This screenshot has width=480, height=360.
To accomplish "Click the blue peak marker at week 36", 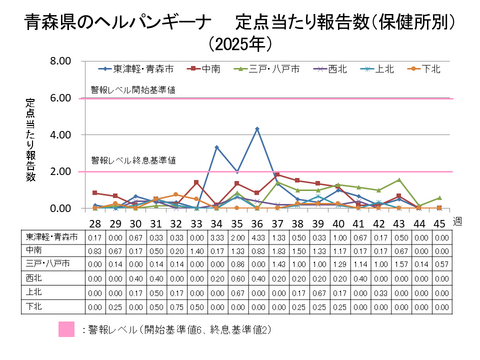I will (x=257, y=129).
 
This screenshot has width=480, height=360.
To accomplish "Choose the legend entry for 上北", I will (x=383, y=69).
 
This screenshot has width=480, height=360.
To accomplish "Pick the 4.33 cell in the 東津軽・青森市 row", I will (x=257, y=236).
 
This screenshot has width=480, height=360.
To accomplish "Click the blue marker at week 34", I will (x=217, y=147).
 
